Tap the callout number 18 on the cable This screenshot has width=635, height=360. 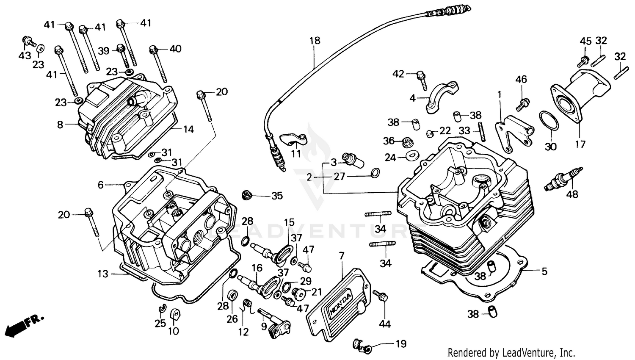click(315, 41)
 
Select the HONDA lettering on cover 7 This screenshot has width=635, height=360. click(340, 303)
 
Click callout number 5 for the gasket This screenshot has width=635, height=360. click(544, 271)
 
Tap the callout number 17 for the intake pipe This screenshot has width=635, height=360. click(580, 144)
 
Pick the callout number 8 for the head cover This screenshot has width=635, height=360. click(60, 125)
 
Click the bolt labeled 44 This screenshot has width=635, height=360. click(380, 296)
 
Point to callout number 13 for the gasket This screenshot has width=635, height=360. click(103, 274)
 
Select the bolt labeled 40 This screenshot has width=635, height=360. click(158, 64)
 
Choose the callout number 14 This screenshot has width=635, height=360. click(188, 129)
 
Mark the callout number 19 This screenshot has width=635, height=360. click(400, 343)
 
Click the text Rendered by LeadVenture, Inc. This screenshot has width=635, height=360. click(511, 352)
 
